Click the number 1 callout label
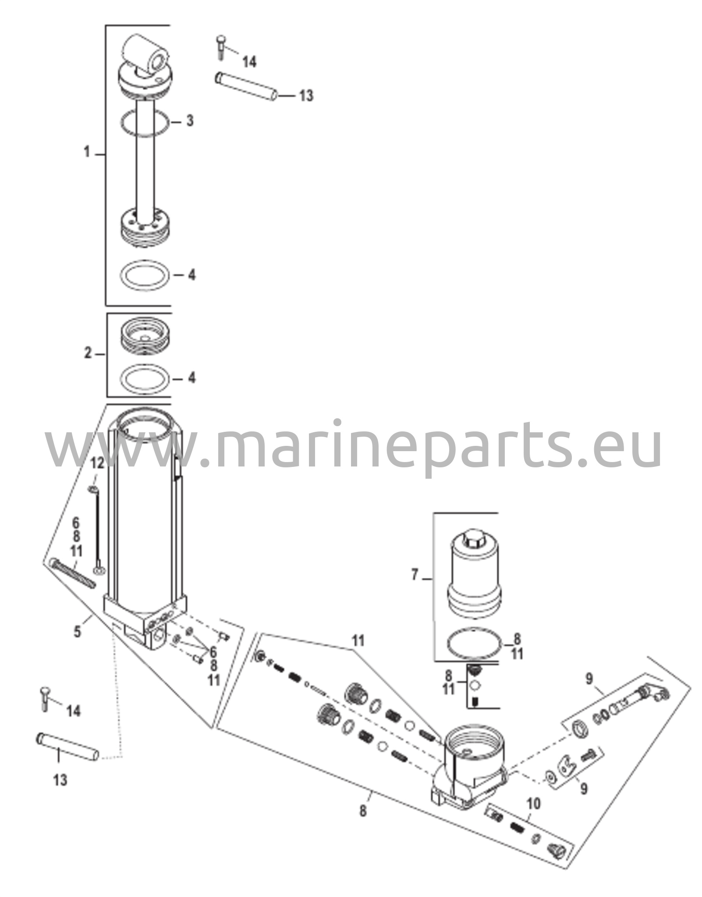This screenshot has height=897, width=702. pos(87,153)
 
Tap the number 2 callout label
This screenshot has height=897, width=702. pos(88,353)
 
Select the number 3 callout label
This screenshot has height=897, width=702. pos(189,120)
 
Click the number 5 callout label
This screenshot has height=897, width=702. pos(77,632)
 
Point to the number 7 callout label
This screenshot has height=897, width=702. pos(415,574)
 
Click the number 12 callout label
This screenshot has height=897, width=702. pos(97,463)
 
